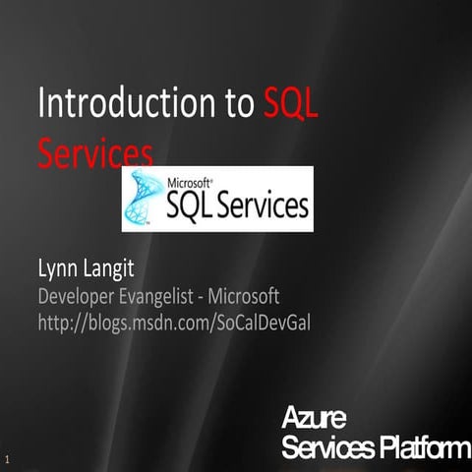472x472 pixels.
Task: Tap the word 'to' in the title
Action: point(233,104)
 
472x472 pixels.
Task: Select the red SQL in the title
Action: point(291,104)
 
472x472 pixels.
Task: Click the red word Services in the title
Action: point(95,152)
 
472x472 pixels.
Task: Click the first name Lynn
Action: point(59,268)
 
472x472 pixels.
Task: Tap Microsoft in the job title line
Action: point(245,295)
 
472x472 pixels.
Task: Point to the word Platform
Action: point(422,448)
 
